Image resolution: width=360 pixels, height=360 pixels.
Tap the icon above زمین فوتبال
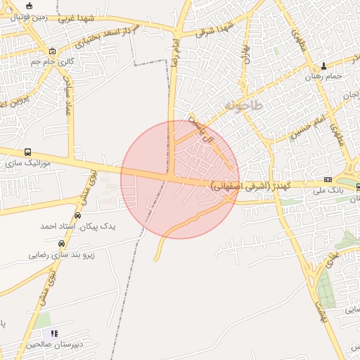click(x=29, y=6)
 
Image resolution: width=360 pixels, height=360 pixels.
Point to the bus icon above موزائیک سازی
click(x=27, y=152)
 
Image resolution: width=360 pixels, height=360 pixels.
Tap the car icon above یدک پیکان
click(x=77, y=216)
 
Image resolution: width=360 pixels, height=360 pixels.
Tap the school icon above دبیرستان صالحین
click(x=54, y=333)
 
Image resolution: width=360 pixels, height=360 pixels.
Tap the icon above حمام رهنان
click(x=323, y=65)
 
